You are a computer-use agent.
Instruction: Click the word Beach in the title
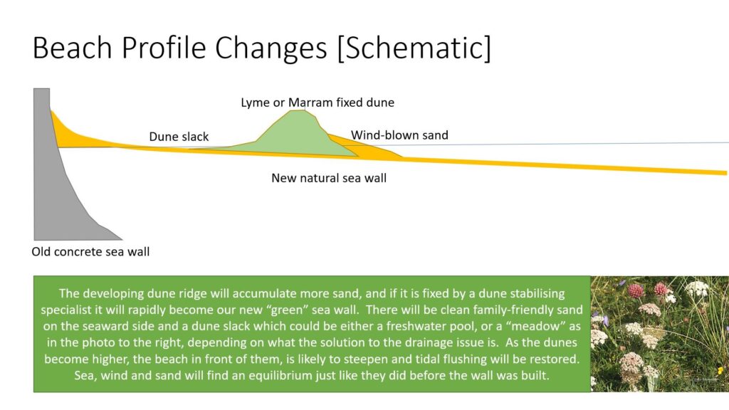tap(73, 48)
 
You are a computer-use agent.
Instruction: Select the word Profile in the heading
tap(164, 48)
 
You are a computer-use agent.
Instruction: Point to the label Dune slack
tap(179, 137)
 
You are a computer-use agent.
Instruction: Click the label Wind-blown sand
tap(399, 135)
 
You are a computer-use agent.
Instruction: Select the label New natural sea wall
tap(329, 178)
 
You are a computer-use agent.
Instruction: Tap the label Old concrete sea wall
tap(90, 252)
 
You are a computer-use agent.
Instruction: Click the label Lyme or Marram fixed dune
tap(318, 102)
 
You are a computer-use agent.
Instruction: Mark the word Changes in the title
tap(271, 48)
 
